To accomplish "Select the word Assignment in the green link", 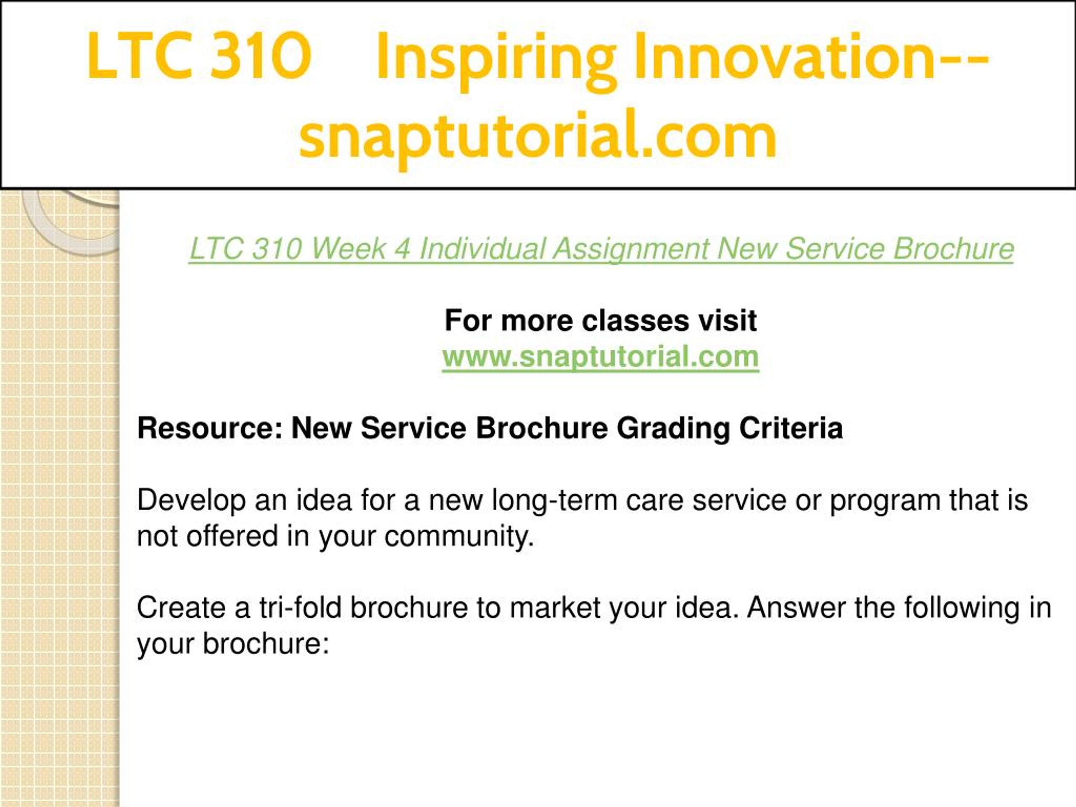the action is coord(630,250).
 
